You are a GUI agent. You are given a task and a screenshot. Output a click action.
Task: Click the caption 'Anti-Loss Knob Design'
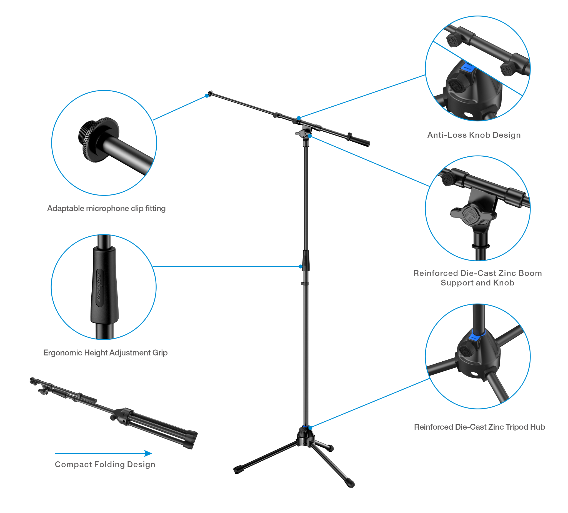pyautogui.click(x=474, y=135)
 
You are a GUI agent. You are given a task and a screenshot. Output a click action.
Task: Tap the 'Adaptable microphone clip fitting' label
pyautogui.click(x=106, y=209)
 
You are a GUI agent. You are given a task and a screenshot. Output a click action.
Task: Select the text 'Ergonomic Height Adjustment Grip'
pyautogui.click(x=105, y=353)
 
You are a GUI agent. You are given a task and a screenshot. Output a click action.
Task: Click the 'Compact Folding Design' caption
pyautogui.click(x=105, y=465)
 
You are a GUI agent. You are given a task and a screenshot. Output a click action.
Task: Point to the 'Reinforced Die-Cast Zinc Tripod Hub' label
pyautogui.click(x=479, y=427)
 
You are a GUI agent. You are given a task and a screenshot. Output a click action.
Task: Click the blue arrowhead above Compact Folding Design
pyautogui.click(x=148, y=453)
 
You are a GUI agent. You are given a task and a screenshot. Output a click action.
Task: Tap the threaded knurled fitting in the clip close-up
pyautogui.click(x=99, y=139)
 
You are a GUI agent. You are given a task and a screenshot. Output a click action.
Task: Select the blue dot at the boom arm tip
pyautogui.click(x=207, y=96)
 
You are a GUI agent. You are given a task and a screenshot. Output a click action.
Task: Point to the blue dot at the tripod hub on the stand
pyautogui.click(x=310, y=428)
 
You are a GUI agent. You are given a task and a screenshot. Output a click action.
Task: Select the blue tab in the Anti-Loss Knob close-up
pyautogui.click(x=467, y=68)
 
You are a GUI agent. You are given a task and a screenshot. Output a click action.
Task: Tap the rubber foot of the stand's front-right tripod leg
pyautogui.click(x=351, y=484)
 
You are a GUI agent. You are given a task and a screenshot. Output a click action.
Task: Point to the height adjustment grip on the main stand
pyautogui.click(x=306, y=261)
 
